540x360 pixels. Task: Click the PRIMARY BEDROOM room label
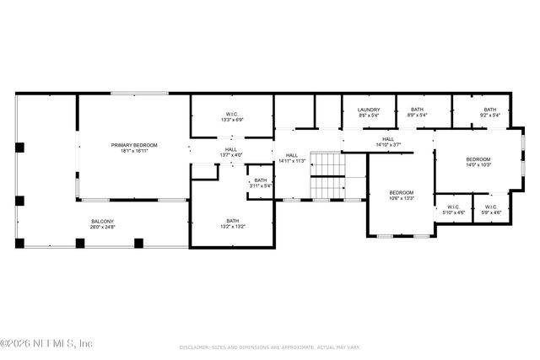click(x=134, y=145)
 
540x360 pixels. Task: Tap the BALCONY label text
click(x=103, y=222)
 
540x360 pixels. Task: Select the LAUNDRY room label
click(x=369, y=110)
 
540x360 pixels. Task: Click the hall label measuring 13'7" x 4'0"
click(x=231, y=149)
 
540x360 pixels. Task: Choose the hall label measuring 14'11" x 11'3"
click(x=292, y=155)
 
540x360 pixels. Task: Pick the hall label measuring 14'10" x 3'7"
click(x=388, y=139)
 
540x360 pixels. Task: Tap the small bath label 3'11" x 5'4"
click(x=261, y=180)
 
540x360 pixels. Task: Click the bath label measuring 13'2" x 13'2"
click(x=231, y=222)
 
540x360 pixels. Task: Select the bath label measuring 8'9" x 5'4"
click(x=417, y=110)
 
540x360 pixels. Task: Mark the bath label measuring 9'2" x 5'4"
click(x=489, y=110)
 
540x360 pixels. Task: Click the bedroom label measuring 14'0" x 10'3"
click(x=478, y=159)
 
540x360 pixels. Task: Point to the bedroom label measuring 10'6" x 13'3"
click(x=402, y=192)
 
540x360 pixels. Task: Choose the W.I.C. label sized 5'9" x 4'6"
click(x=490, y=207)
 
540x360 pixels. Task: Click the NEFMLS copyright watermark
click(x=47, y=343)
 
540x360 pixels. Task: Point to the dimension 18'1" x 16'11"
click(x=134, y=151)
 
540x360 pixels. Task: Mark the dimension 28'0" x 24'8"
click(x=103, y=228)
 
